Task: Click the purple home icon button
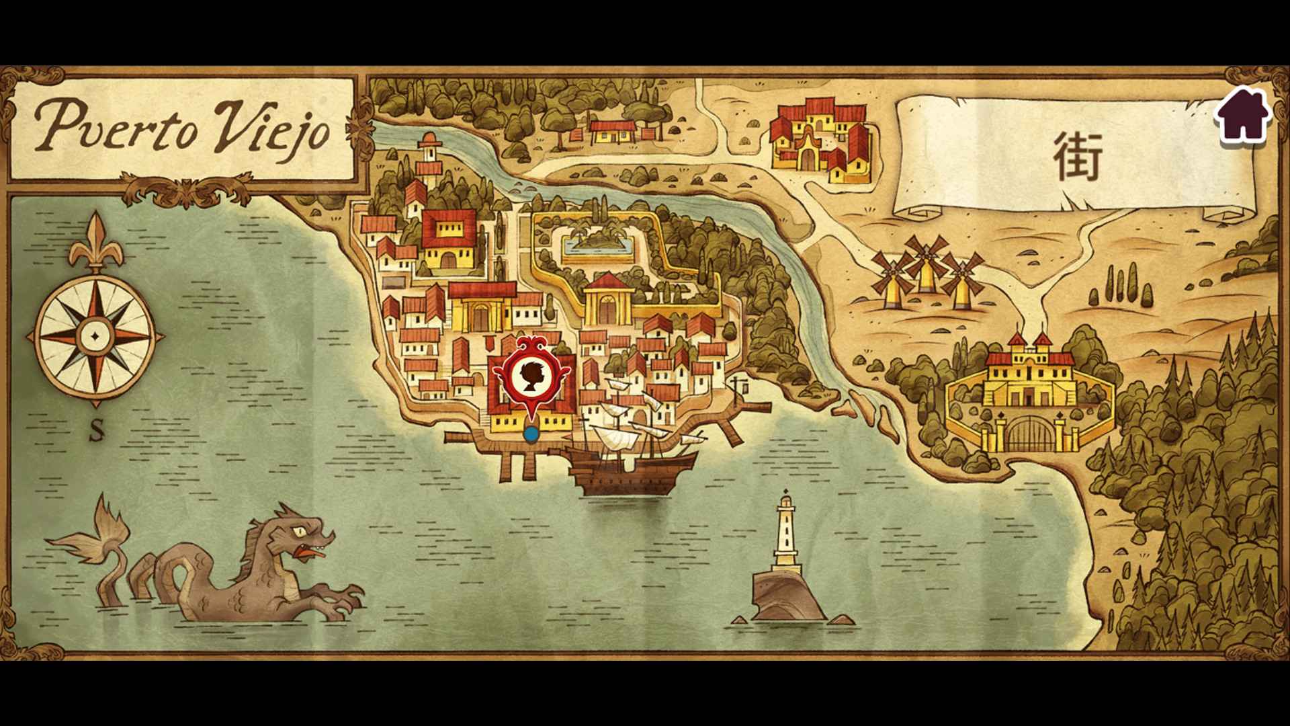click(x=1242, y=116)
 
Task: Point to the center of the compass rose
click(x=95, y=334)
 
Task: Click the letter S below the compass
click(x=97, y=432)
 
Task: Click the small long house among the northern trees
click(x=611, y=130)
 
